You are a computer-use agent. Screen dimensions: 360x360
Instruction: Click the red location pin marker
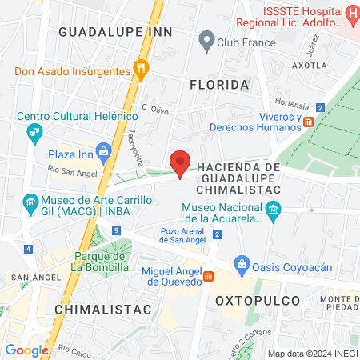pyautogui.click(x=181, y=163)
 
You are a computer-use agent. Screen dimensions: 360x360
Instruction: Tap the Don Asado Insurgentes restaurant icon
pyautogui.click(x=141, y=70)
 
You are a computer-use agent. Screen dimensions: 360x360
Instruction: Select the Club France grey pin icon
pyautogui.click(x=207, y=40)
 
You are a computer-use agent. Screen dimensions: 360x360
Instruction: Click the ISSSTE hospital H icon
pyautogui.click(x=351, y=14)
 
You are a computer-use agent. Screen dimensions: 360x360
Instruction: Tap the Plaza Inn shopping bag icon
pyautogui.click(x=103, y=151)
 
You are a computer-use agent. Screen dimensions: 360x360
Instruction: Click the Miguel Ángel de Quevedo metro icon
pyautogui.click(x=209, y=276)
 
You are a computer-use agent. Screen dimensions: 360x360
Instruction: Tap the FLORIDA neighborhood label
pyautogui.click(x=218, y=84)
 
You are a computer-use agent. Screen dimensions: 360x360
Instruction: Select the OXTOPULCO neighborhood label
pyautogui.click(x=258, y=300)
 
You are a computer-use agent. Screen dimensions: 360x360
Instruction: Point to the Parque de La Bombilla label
pyautogui.click(x=99, y=262)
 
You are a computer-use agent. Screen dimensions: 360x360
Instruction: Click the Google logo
pyautogui.click(x=27, y=350)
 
